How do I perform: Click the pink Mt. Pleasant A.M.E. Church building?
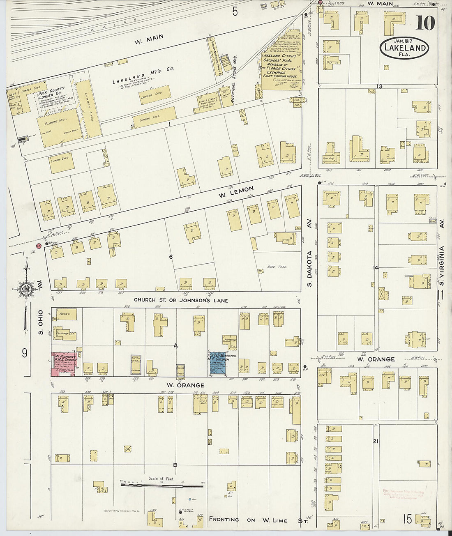tap(65, 364)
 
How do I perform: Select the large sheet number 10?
tap(424, 23)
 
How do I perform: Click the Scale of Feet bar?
tap(162, 485)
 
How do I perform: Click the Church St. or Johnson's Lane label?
tap(181, 300)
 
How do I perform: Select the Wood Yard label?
tap(276, 267)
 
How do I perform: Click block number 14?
tap(374, 268)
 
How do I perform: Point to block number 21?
tap(375, 441)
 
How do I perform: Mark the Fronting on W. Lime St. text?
tap(258, 520)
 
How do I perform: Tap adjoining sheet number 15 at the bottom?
tap(407, 519)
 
